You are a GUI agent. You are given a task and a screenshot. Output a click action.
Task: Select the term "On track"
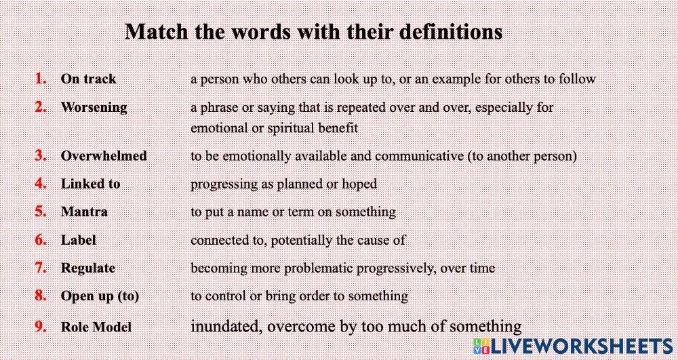(88, 79)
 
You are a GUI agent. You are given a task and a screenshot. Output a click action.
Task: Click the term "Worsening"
(94, 107)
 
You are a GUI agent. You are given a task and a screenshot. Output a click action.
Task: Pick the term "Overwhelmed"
(104, 155)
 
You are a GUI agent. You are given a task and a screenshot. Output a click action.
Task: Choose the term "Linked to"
(90, 184)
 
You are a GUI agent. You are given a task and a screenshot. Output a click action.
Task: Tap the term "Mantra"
(84, 212)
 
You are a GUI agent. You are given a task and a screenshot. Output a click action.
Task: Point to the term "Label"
(79, 240)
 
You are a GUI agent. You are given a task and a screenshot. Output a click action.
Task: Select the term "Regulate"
(88, 268)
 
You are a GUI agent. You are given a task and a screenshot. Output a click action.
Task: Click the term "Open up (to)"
(100, 296)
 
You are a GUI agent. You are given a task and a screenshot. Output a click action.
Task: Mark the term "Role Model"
(96, 327)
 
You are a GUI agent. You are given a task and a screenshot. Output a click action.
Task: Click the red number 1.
(41, 79)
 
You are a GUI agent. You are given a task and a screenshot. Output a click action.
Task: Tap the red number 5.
(41, 212)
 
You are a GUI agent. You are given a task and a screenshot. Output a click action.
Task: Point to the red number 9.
(41, 327)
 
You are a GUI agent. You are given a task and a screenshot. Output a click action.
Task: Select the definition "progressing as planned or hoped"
(283, 184)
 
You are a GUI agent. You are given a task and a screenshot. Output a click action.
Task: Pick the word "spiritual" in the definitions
(294, 127)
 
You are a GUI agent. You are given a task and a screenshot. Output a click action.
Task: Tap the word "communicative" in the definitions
(418, 155)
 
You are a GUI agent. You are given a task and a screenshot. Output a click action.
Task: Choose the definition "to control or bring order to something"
(299, 296)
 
